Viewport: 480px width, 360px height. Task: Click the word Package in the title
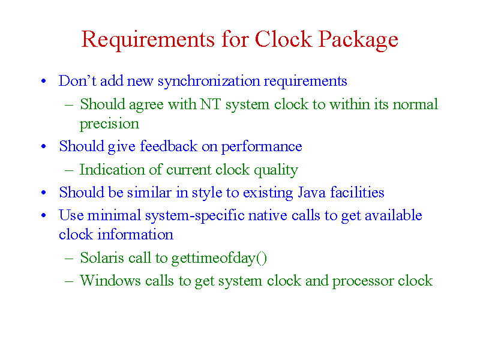tap(358, 40)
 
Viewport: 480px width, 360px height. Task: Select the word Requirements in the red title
tap(148, 40)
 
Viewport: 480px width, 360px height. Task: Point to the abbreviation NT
tap(211, 104)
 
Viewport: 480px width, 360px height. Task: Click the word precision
tap(109, 124)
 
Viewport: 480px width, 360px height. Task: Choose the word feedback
tap(169, 146)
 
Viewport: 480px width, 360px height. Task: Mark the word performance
tap(262, 147)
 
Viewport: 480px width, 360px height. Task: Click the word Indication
tap(112, 169)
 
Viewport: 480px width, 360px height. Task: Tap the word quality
tap(276, 170)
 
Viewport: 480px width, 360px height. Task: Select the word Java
tap(311, 193)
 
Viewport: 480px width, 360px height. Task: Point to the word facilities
tap(357, 192)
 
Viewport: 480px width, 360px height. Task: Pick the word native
tap(268, 215)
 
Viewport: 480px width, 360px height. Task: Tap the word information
tap(136, 235)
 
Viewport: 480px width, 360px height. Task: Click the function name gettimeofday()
tap(219, 259)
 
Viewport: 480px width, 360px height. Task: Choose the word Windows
tap(110, 281)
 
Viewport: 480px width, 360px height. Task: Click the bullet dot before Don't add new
tap(44, 81)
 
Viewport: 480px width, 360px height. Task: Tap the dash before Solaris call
tap(69, 259)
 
